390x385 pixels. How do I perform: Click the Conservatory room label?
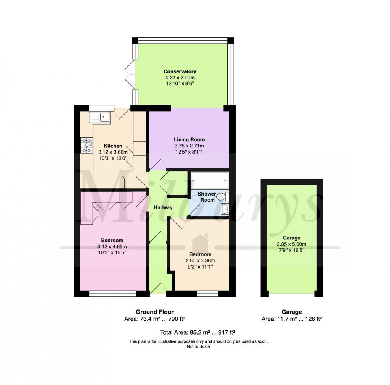pos(180,71)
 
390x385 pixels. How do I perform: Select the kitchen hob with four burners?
pos(87,145)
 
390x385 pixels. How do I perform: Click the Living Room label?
pos(189,139)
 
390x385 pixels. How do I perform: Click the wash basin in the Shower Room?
pos(225,209)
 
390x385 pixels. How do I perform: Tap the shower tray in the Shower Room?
pos(210,180)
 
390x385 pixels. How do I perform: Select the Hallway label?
pos(163,208)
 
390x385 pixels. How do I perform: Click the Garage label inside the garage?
pos(292,238)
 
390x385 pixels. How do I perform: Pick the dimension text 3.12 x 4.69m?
pos(112,246)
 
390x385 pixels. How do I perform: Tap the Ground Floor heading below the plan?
pos(155,312)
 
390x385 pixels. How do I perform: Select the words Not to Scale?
pos(198,347)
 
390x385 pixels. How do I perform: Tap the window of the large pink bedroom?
pos(112,294)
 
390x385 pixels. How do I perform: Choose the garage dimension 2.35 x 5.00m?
pos(292,244)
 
